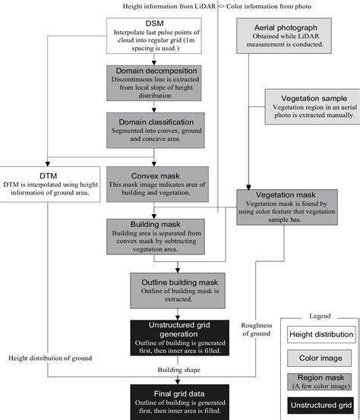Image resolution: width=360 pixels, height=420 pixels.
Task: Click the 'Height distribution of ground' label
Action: [x=50, y=357]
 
